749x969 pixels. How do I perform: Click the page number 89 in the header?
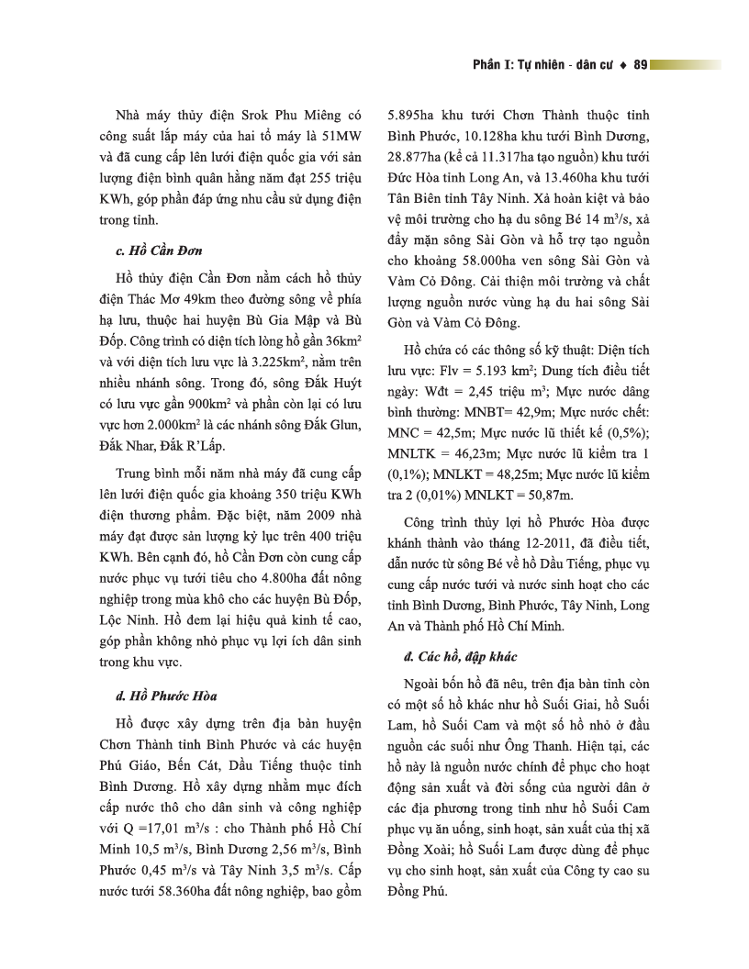[641, 65]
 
